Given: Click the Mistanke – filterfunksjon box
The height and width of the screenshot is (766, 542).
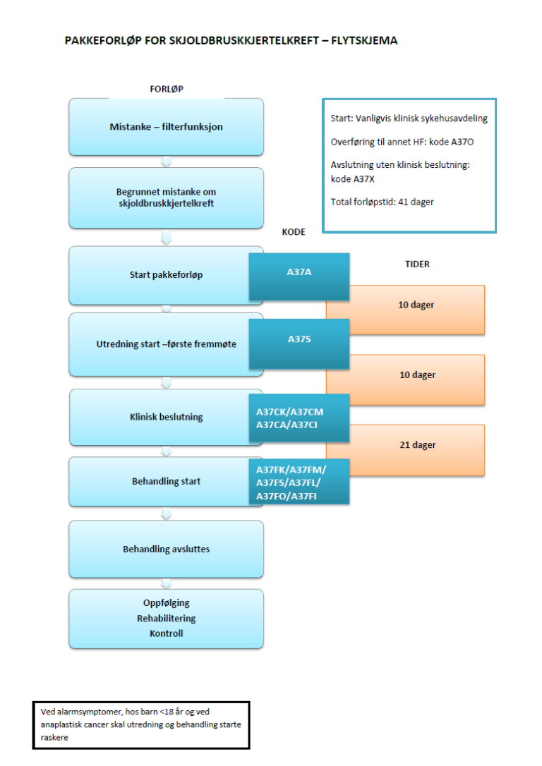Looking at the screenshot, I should pos(166,127).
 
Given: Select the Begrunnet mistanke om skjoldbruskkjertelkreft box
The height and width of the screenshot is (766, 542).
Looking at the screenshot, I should pos(166,197).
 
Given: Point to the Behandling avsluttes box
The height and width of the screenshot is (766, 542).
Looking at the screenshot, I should pos(166,549).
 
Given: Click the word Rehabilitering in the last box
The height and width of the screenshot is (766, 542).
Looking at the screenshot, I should pos(167,619).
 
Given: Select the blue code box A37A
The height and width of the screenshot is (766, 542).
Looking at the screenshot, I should pos(299,272).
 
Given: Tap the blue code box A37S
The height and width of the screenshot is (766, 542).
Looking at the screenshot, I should pos(299,339).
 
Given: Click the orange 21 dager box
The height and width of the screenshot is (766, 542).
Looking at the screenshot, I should pos(416,445).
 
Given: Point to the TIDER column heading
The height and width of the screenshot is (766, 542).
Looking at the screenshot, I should pos(418,265).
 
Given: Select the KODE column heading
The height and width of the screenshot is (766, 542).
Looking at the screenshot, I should pos(294,231).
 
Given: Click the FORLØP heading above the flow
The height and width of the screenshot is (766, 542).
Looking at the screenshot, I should pos(167,89).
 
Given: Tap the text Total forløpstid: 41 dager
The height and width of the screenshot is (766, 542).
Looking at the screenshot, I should pos(383,202).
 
